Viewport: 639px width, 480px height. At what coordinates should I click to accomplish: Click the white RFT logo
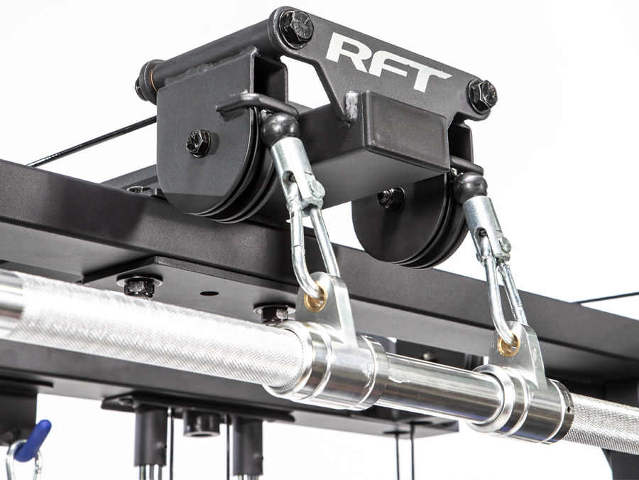[x=388, y=62]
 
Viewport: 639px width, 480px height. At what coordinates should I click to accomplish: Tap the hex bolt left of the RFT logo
[x=296, y=27]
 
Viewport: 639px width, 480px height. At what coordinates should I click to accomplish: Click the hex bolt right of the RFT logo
[x=483, y=96]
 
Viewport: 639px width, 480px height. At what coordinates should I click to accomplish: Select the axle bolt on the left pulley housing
[x=199, y=143]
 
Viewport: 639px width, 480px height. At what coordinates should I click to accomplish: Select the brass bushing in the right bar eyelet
[x=509, y=346]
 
